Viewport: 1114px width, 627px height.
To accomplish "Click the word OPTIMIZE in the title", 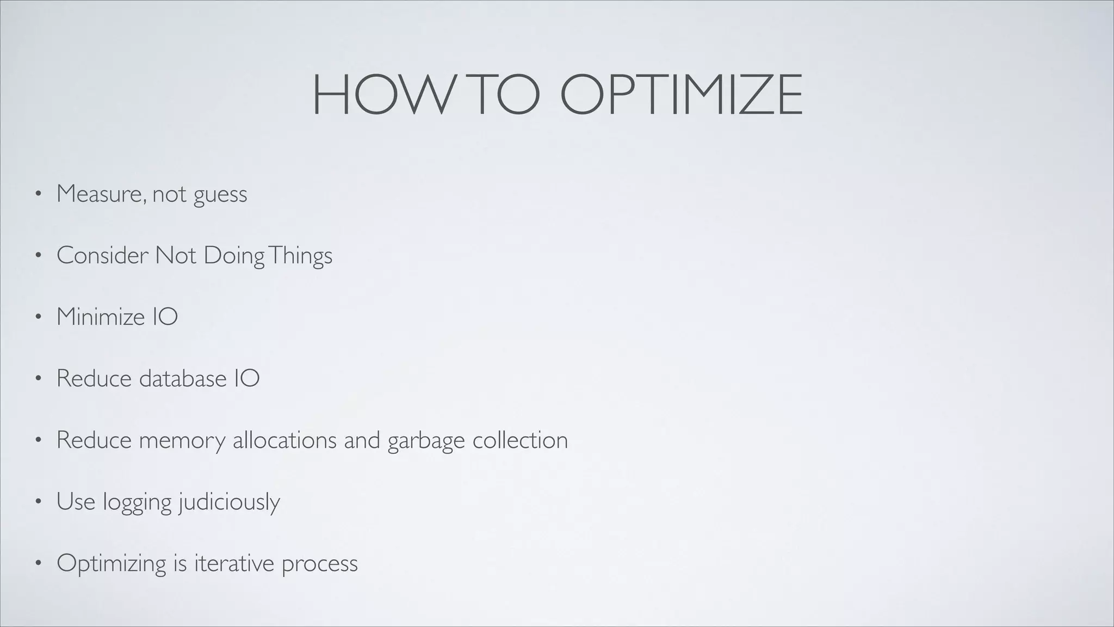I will [681, 95].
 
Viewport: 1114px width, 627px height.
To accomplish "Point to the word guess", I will [220, 195].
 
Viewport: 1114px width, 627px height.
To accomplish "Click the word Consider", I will [102, 255].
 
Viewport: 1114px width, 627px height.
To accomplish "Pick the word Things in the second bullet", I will [300, 255].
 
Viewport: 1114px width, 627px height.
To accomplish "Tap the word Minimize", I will [100, 317].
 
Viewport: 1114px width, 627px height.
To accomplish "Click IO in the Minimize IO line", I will [165, 317].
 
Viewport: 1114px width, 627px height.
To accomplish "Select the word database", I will [183, 378].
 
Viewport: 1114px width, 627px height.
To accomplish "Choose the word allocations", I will [285, 440].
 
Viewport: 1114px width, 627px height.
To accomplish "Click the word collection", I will [520, 440].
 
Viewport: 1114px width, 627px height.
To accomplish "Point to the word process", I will [320, 564].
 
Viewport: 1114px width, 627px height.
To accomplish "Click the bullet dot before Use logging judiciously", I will [38, 502].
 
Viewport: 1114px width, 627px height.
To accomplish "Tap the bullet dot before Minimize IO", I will [38, 318].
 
